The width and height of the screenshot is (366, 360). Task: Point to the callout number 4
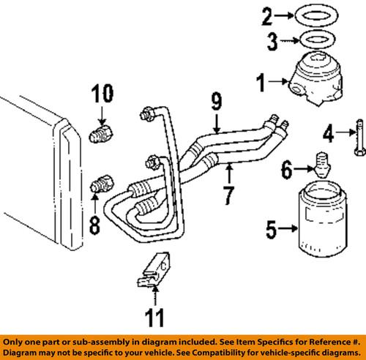tap(331, 133)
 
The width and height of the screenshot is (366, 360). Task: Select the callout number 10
tap(103, 94)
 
